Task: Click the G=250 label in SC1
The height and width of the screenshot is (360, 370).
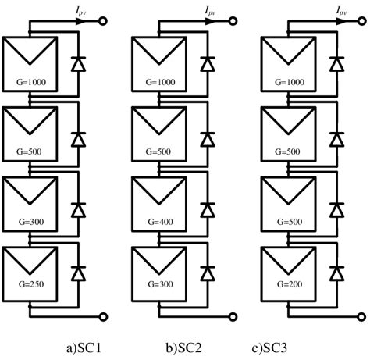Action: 28,287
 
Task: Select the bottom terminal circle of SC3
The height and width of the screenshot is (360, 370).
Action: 362,316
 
